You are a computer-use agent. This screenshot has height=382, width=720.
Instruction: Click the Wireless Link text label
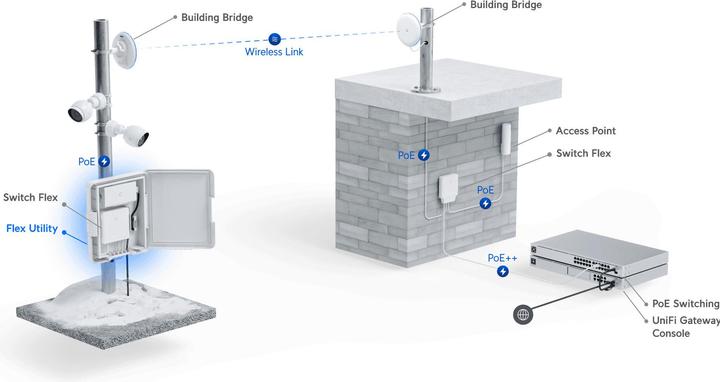[273, 53]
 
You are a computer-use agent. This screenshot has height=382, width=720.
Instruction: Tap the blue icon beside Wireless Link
[273, 38]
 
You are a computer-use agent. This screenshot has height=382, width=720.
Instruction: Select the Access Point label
[585, 131]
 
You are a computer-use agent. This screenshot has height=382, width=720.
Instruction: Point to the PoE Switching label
[686, 303]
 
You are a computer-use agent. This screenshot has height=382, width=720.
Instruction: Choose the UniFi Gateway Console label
[685, 326]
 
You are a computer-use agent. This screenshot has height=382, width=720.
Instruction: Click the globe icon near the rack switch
[522, 315]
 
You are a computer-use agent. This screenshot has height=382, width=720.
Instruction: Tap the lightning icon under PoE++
[503, 270]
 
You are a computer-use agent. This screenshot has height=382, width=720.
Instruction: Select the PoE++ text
[502, 256]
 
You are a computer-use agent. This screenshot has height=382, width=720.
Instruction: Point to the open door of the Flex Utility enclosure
[177, 207]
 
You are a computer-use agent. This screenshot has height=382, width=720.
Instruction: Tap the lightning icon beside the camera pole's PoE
[104, 162]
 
